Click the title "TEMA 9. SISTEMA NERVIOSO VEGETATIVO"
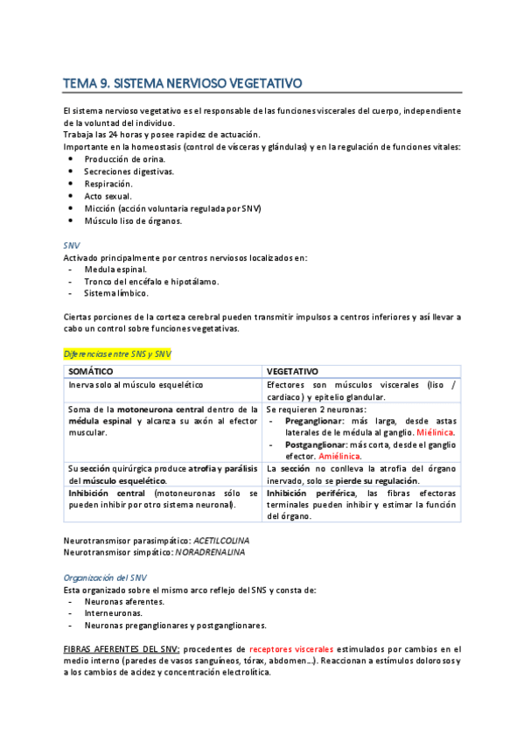[x=182, y=84]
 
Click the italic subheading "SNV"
[x=72, y=246]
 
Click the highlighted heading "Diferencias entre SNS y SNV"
[x=118, y=353]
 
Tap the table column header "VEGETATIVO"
[x=292, y=371]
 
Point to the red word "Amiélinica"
[x=340, y=456]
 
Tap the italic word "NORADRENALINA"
[x=210, y=552]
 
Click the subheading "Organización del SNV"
[x=106, y=577]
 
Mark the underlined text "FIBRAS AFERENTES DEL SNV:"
[x=122, y=649]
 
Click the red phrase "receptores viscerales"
[x=291, y=649]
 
